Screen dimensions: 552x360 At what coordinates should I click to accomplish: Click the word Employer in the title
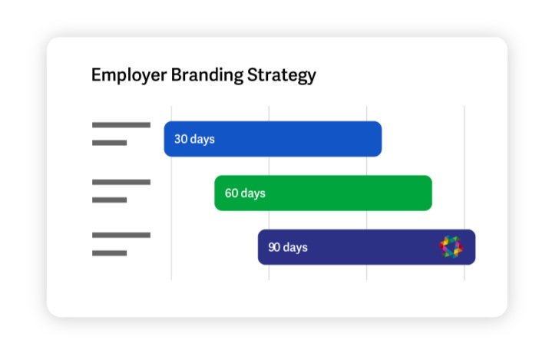coord(129,76)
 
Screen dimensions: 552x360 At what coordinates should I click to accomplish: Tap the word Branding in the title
coord(207,76)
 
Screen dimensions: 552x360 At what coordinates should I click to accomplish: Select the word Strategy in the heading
coord(282,76)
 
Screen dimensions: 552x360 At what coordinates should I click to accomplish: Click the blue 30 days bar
coord(273,139)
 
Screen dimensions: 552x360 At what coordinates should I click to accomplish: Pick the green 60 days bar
coord(323,193)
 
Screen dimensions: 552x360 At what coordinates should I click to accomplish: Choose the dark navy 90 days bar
coord(366,247)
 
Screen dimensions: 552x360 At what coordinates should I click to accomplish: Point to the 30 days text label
coord(194,140)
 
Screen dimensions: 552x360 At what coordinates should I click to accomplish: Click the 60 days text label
coord(245,193)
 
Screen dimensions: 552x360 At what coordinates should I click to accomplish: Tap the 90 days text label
coord(288,247)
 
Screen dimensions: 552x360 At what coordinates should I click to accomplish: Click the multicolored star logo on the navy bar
coord(451,246)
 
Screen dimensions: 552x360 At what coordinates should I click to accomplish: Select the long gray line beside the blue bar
coord(121,125)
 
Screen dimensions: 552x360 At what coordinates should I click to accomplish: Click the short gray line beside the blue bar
coord(110,143)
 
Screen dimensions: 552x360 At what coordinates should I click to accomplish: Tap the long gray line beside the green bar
coord(121,182)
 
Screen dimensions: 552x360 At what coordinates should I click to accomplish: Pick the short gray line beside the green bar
coord(110,200)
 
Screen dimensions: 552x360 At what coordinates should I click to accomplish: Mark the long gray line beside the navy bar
coord(121,235)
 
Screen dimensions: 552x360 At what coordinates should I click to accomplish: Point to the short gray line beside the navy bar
coord(110,253)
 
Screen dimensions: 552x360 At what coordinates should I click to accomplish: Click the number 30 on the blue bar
coord(181,139)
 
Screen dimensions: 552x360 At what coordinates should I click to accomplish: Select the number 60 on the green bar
coord(232,193)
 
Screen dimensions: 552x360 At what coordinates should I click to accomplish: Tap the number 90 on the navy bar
coord(274,247)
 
